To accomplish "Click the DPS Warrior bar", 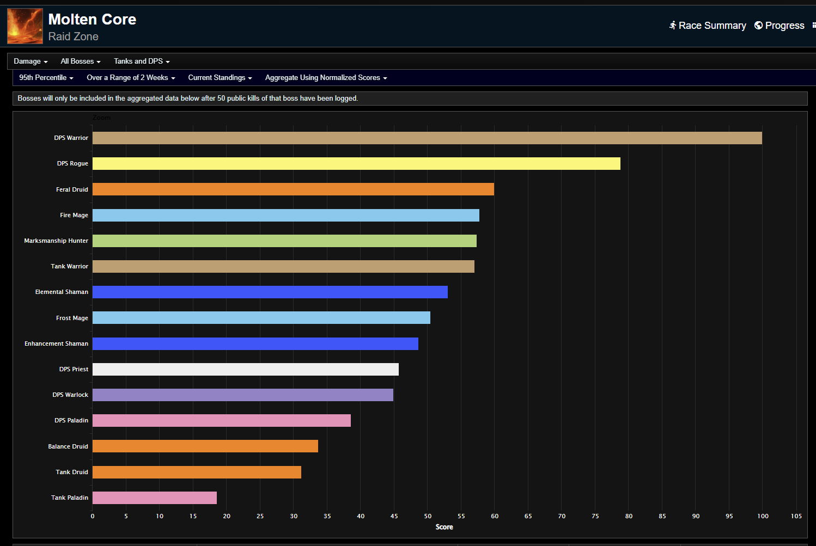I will (427, 138).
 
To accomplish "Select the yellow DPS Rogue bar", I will (356, 163).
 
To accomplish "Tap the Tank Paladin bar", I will (155, 498).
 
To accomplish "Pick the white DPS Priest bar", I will (246, 369).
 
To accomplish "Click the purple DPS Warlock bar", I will (243, 395).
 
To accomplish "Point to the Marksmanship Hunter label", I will (56, 241).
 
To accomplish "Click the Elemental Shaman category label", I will (62, 292).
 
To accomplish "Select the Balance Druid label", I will (68, 446).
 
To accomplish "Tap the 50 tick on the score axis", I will (428, 516).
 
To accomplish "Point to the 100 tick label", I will (763, 516).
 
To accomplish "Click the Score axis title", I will (444, 527).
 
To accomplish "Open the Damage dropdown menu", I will (31, 62).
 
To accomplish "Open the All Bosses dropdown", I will (81, 62).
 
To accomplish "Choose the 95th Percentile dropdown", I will (46, 78).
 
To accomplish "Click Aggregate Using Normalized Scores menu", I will (326, 78).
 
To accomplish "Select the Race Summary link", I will (708, 26).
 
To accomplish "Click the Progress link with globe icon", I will (780, 26).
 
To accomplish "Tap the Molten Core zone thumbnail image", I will (25, 26).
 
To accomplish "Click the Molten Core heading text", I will (92, 20).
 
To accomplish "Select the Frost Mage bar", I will (261, 318).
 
